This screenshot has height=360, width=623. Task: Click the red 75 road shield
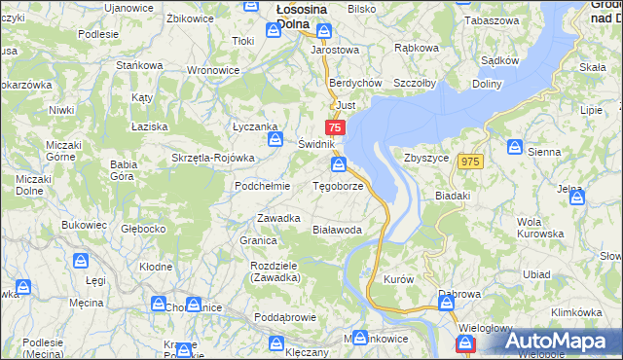[x=335, y=127]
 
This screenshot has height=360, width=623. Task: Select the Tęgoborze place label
[x=338, y=185]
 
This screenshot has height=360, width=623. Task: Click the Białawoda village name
[x=337, y=230]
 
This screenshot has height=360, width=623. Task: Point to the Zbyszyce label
[x=424, y=158]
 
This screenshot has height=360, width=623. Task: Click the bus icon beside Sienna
[x=513, y=147]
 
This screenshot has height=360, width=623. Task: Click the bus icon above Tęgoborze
[x=338, y=164]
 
